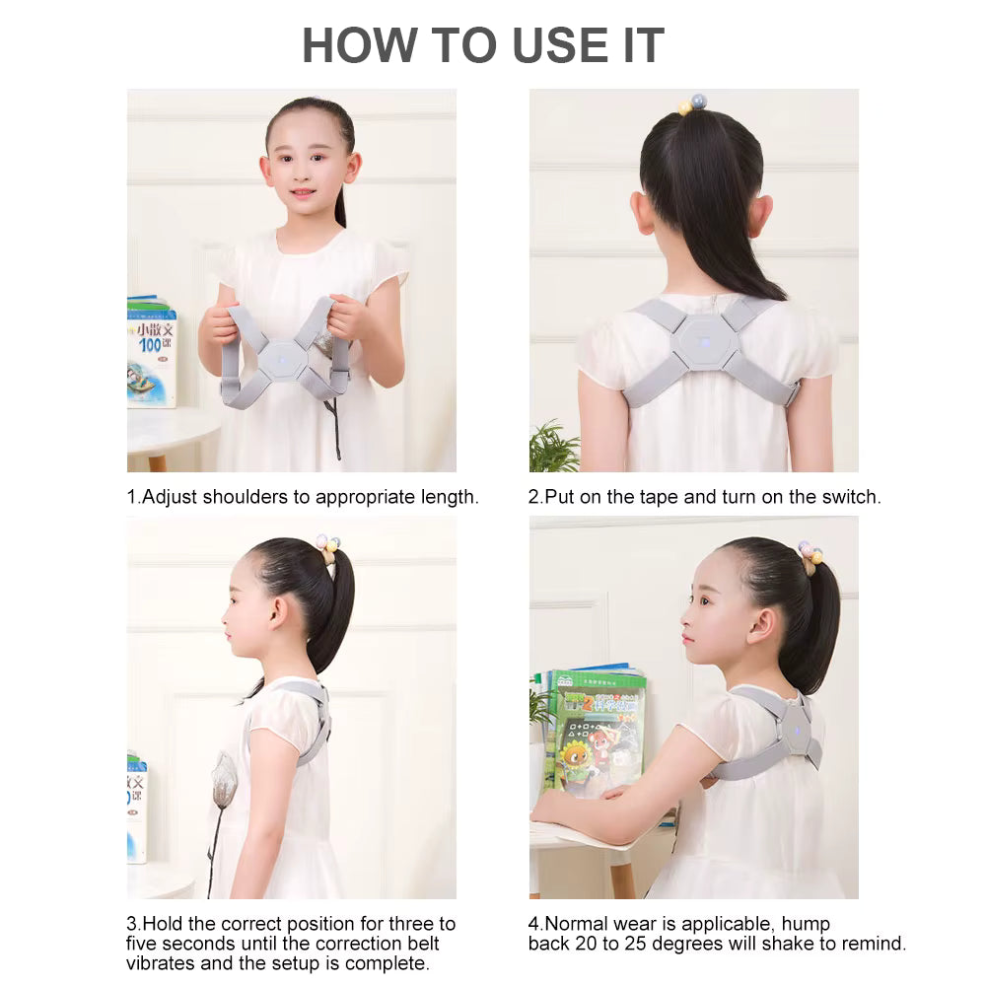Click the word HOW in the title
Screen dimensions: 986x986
pyautogui.click(x=360, y=45)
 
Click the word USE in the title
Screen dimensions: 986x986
pyautogui.click(x=561, y=45)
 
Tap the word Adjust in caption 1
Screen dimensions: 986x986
pyautogui.click(x=170, y=497)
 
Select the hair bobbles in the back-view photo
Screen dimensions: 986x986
pyautogui.click(x=693, y=105)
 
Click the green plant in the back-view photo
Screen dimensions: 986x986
pyautogui.click(x=552, y=447)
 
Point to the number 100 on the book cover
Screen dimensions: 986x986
pyautogui.click(x=150, y=344)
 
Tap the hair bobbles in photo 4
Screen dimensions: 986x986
pyautogui.click(x=810, y=554)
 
